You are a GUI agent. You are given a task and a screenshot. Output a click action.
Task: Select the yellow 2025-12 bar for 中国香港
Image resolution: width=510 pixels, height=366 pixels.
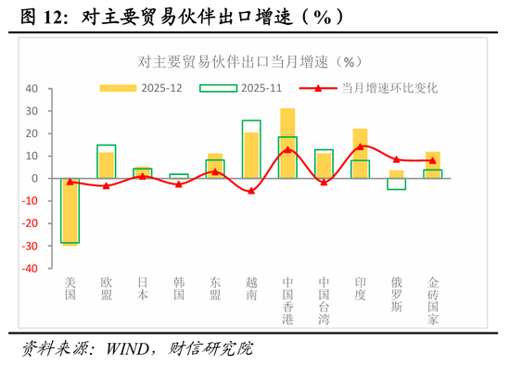coord(287,144)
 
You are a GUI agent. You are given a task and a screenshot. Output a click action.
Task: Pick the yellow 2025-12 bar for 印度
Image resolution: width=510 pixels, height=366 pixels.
coord(361,153)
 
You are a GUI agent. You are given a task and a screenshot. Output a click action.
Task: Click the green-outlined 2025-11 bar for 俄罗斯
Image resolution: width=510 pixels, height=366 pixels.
coord(397,183)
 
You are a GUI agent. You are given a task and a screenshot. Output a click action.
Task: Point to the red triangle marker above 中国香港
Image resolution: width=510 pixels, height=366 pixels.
coord(287,149)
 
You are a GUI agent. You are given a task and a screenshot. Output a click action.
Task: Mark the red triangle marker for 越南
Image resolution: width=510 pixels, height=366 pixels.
coord(251,191)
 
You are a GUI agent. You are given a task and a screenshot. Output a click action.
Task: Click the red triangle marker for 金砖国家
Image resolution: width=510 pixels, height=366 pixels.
coord(433,160)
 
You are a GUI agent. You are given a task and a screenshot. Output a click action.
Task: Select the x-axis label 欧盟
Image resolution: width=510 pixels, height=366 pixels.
coord(107,287)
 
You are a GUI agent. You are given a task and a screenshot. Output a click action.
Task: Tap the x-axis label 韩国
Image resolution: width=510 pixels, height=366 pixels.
coord(179,287)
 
